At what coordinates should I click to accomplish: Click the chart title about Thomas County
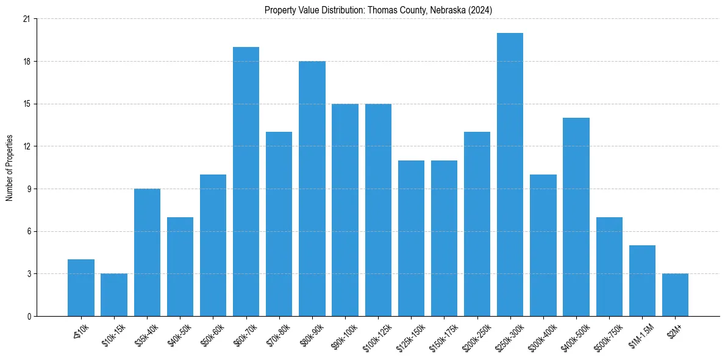(378, 10)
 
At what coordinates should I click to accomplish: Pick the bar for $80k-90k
(312, 189)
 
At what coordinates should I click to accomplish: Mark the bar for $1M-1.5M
(642, 281)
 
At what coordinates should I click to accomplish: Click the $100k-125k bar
(378, 210)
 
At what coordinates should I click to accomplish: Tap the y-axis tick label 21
(26, 19)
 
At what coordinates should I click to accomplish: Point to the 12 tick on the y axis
(26, 146)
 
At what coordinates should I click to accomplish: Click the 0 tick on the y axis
(28, 316)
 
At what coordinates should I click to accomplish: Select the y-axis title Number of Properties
(9, 167)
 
